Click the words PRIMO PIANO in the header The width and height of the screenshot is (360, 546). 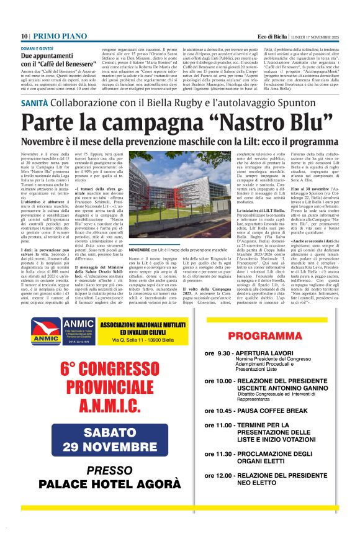pos(56,37)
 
